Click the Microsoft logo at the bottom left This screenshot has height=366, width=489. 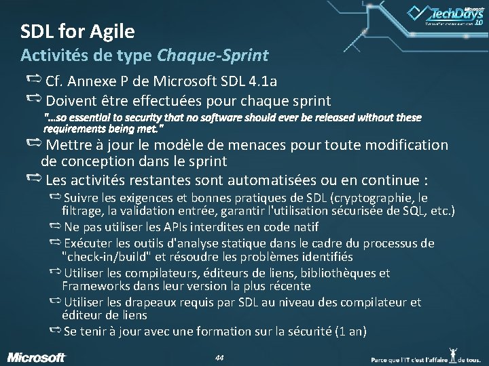(37, 357)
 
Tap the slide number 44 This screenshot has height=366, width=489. (219, 357)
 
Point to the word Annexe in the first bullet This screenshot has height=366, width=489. (96, 81)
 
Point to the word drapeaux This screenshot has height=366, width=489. (158, 302)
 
